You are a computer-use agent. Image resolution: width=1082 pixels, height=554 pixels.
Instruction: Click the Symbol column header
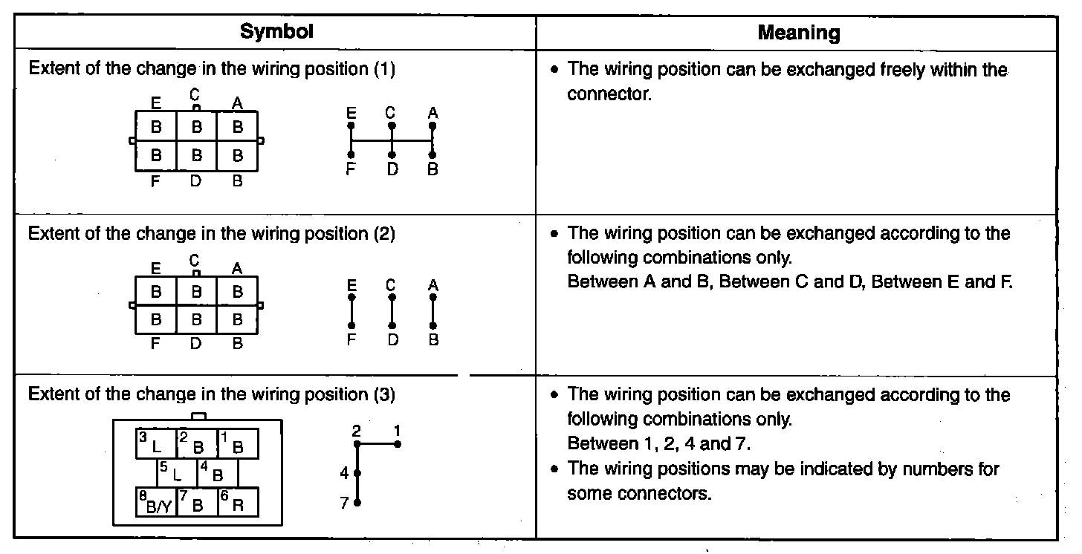pos(276,31)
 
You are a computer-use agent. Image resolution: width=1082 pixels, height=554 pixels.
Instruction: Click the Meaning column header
pos(798,33)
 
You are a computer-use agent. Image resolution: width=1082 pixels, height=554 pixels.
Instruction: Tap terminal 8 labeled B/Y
pos(156,503)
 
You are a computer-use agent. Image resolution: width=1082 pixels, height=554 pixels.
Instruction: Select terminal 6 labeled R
pos(238,503)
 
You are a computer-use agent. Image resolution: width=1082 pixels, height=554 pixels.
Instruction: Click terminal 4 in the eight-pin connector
pos(217,472)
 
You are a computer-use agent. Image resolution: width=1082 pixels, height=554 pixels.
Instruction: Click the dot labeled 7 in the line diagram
pos(357,503)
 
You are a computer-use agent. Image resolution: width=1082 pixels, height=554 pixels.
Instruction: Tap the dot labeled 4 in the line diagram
pos(357,472)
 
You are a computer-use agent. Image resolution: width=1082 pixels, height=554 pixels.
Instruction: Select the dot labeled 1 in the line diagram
pos(398,444)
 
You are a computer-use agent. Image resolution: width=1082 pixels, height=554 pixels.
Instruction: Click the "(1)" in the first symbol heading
pos(384,70)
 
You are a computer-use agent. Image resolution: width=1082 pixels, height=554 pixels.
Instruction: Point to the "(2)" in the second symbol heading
pos(384,233)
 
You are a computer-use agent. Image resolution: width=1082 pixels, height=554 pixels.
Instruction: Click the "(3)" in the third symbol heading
pos(384,394)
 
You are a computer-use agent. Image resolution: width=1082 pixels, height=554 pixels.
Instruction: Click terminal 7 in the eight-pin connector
pos(197,503)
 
